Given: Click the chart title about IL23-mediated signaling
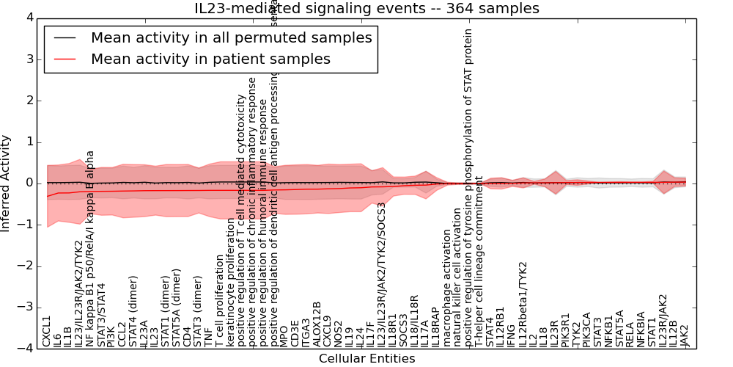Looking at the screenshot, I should tap(366, 9).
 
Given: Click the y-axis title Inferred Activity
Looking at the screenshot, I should tap(6, 183).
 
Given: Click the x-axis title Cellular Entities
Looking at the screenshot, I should tap(366, 358).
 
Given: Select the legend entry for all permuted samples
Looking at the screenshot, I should tap(231, 38).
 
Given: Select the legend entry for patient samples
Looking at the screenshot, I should tap(210, 59).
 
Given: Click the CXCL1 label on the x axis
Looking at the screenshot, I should tap(47, 331).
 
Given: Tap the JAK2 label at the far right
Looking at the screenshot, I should tap(685, 335).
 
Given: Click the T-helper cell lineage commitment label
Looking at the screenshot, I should tap(479, 261).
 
